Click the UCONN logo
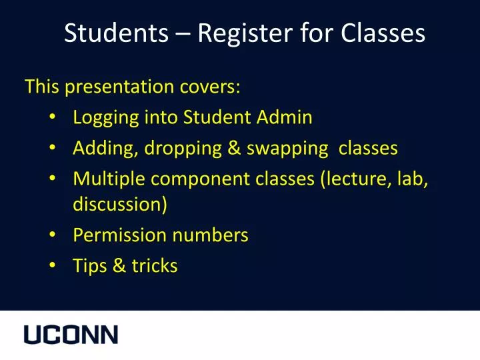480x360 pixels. coord(71,335)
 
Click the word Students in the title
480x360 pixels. coord(116,33)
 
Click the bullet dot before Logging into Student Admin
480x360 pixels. coord(53,118)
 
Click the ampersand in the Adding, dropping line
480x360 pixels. coord(234,148)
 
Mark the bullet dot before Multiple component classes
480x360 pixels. coord(53,179)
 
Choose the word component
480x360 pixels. coord(205,179)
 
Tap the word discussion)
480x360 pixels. coord(120,204)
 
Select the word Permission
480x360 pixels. coord(119,235)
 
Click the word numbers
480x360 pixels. coord(210,235)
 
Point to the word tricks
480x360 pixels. coord(154,266)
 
